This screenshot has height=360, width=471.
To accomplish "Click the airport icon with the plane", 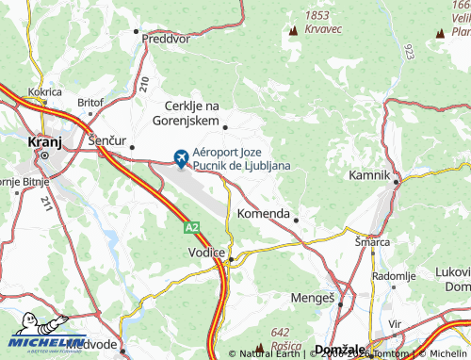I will pos(180,156).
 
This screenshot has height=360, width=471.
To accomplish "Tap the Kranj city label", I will pos(44,141).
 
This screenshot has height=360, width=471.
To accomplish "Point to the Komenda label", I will pos(263,214).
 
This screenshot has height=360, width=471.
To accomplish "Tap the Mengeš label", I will pos(316,298).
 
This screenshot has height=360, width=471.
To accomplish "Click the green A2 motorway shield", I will pos(191,227).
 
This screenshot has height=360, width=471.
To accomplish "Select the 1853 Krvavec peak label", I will pos(318,23).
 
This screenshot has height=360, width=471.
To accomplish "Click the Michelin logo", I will pos(41,343).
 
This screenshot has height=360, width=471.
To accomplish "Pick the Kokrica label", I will pos(44,92).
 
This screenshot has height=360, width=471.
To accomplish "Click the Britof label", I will pos(90,102).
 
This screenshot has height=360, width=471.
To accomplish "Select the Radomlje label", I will pos(395,275).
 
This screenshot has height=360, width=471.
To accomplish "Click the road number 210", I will pos(143,83).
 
